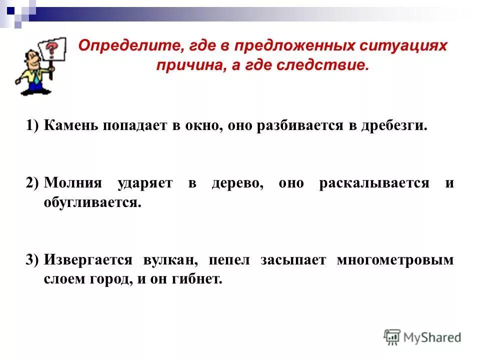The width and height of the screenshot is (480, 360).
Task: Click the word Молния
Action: click(x=72, y=183)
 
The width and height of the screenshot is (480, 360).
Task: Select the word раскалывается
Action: click(x=374, y=183)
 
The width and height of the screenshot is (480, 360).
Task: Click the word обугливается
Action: click(x=90, y=202)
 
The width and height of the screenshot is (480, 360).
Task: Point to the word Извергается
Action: click(x=88, y=260)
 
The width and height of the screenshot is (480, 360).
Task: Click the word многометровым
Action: click(x=395, y=260)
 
